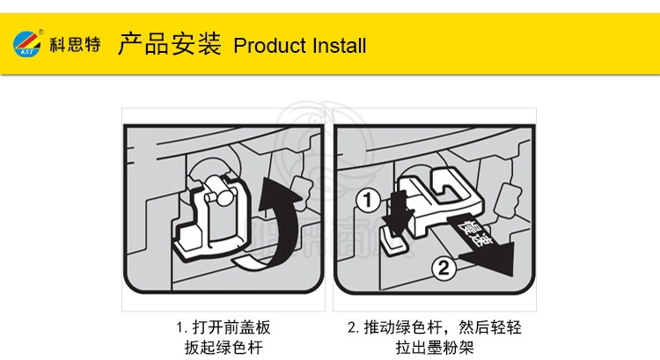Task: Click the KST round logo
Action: tap(27, 44)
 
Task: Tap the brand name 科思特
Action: tap(76, 44)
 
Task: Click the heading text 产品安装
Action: tap(169, 43)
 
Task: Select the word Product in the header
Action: tap(270, 46)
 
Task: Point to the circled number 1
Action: tap(368, 201)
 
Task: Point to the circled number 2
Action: tap(444, 268)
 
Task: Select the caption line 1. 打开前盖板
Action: tap(224, 327)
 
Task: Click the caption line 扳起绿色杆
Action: tap(224, 348)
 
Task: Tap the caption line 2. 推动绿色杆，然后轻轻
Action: tap(435, 327)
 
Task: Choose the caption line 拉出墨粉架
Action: tap(435, 348)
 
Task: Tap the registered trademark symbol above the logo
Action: tap(40, 32)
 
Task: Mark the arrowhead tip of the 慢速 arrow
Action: tap(512, 276)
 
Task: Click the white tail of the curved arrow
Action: tap(248, 262)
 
